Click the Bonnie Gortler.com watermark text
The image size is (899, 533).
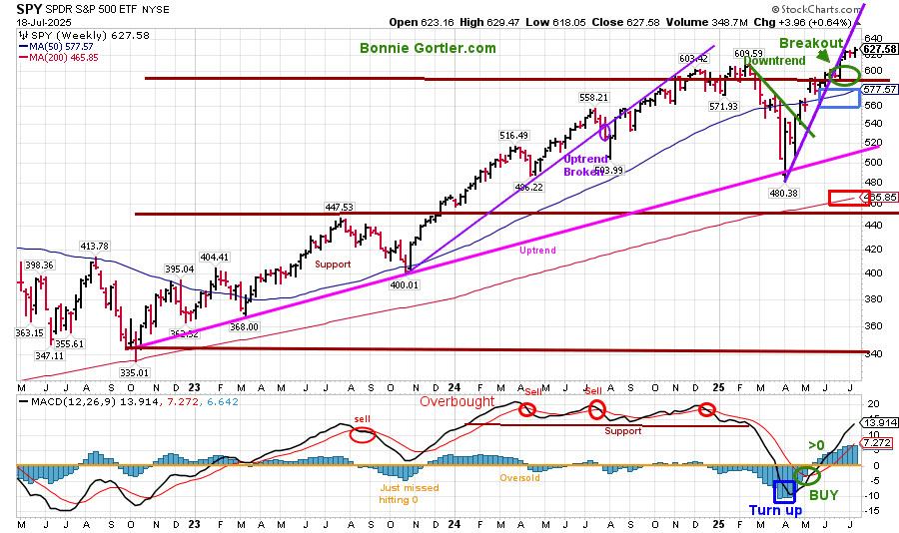tap(428, 48)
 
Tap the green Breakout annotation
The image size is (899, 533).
tap(812, 44)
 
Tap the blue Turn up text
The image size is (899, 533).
tap(777, 511)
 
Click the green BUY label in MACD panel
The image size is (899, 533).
tap(824, 494)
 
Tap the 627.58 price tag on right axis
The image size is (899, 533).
tap(876, 49)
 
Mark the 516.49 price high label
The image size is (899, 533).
tap(512, 135)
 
